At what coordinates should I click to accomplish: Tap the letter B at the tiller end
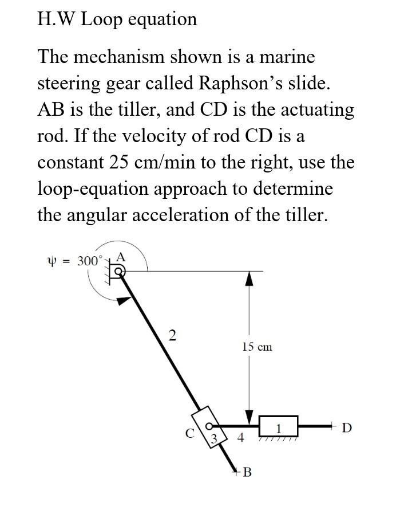click(247, 473)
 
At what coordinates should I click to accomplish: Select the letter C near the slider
click(189, 433)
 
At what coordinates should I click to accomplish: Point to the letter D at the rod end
click(347, 427)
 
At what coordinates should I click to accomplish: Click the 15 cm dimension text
click(257, 347)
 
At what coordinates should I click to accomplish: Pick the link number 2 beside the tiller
click(171, 335)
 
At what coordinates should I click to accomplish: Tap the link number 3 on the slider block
click(213, 439)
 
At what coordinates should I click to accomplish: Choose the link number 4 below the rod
click(240, 438)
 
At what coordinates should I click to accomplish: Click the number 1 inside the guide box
click(279, 429)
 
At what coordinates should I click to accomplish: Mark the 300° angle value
click(90, 261)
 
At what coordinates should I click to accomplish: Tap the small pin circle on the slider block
click(210, 426)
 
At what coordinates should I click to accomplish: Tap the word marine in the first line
click(287, 57)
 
